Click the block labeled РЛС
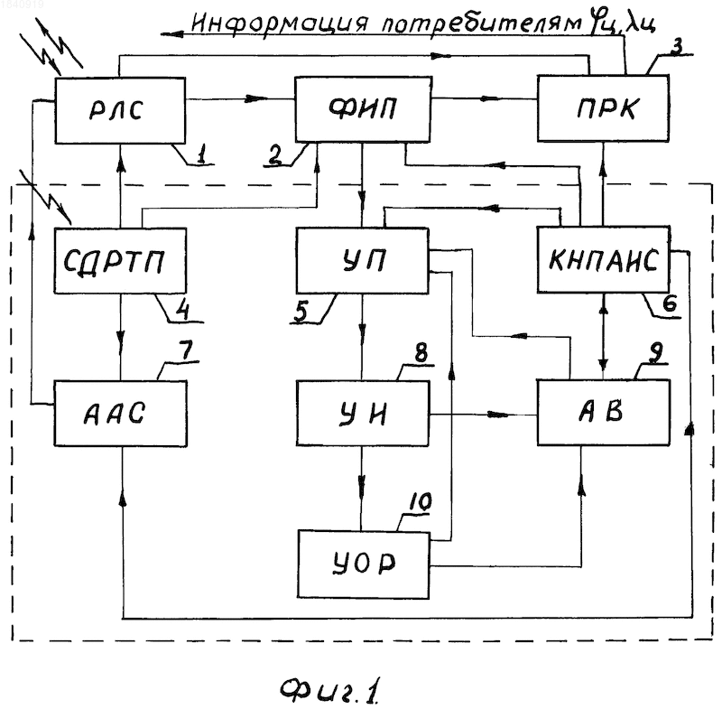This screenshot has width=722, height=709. [x=120, y=110]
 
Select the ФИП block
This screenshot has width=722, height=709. [x=363, y=109]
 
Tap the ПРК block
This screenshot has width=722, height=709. [x=603, y=108]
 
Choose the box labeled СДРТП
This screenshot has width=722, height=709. [x=120, y=261]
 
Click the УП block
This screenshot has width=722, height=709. [x=363, y=260]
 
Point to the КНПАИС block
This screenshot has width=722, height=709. [x=604, y=259]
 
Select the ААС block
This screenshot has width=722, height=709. [x=121, y=414]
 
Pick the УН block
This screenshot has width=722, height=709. [x=363, y=414]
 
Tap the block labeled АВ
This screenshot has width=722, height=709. [x=604, y=413]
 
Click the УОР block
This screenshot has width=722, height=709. [x=364, y=564]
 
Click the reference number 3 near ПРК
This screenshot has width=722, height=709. [x=676, y=47]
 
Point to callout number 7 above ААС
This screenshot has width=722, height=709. [x=186, y=350]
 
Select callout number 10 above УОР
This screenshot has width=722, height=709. [x=420, y=501]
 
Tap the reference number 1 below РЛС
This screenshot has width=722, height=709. [x=200, y=154]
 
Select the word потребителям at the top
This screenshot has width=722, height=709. [x=481, y=23]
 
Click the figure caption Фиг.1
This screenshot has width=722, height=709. [x=329, y=690]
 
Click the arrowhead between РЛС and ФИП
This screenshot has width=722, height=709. [x=256, y=98]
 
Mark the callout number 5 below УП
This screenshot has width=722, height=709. [x=301, y=313]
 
